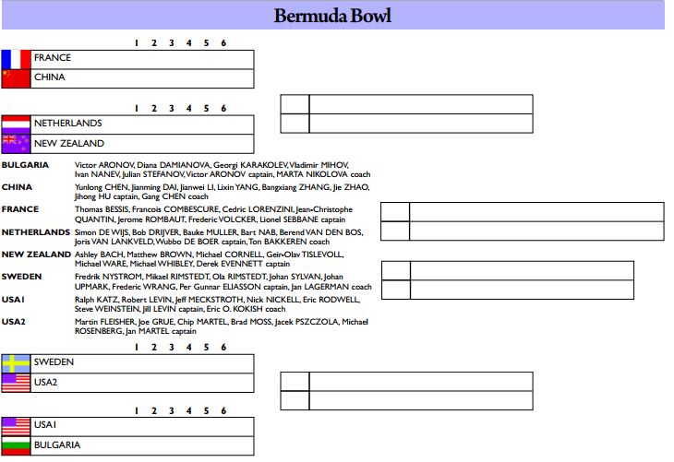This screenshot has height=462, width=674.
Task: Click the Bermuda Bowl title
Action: (332, 16)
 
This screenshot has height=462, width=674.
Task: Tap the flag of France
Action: (16, 60)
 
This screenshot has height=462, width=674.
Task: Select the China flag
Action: (16, 78)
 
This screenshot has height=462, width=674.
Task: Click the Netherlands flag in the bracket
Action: (16, 124)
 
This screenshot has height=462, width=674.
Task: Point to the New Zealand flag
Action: (16, 144)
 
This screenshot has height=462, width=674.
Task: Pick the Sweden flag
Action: (16, 363)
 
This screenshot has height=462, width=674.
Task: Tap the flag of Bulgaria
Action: (16, 446)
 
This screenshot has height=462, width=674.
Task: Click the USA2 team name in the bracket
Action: (45, 382)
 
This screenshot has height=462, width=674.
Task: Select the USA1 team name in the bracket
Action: (45, 424)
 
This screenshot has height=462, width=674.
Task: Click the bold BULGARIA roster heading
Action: (25, 165)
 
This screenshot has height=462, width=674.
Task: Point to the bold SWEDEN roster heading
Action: (21, 277)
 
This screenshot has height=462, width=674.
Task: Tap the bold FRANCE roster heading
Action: (20, 209)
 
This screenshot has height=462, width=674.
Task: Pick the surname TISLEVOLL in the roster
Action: (322, 255)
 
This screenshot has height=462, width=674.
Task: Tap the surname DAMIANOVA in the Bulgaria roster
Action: (185, 165)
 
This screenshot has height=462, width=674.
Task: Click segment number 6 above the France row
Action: (223, 43)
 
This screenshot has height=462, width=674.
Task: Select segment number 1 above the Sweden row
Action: (137, 347)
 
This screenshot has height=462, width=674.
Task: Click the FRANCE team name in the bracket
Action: (53, 57)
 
